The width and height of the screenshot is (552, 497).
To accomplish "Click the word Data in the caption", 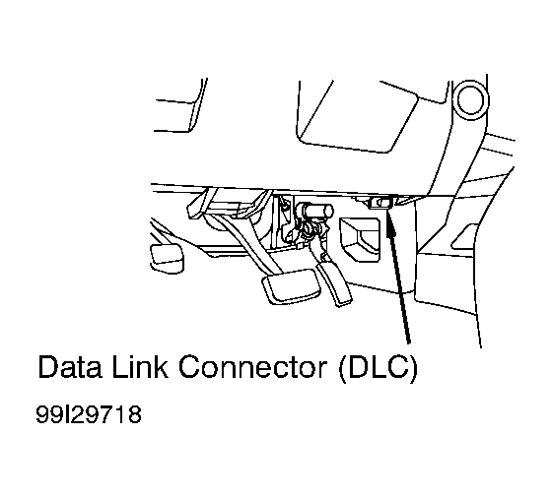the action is tap(70, 367).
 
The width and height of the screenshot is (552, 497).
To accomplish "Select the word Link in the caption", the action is tap(140, 367).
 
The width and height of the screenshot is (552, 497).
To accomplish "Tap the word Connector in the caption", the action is tap(252, 367).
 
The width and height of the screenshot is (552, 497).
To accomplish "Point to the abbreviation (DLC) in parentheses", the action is tap(378, 369).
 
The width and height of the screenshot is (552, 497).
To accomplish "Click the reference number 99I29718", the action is tap(89, 414).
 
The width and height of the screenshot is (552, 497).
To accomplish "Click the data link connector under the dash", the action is tap(381, 203).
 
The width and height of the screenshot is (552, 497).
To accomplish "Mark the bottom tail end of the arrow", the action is tap(408, 342).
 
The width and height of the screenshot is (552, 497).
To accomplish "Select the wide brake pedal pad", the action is tap(291, 286).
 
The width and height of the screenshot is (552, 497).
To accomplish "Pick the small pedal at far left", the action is tap(167, 258).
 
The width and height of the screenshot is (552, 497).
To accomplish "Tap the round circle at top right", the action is tap(472, 99).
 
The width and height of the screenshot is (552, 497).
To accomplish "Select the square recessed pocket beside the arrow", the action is tap(360, 240).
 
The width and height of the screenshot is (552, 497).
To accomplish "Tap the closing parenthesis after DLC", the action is tap(414, 369).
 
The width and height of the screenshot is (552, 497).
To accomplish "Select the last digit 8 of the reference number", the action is tap(135, 414).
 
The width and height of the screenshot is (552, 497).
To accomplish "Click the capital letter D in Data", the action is tap(48, 367).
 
